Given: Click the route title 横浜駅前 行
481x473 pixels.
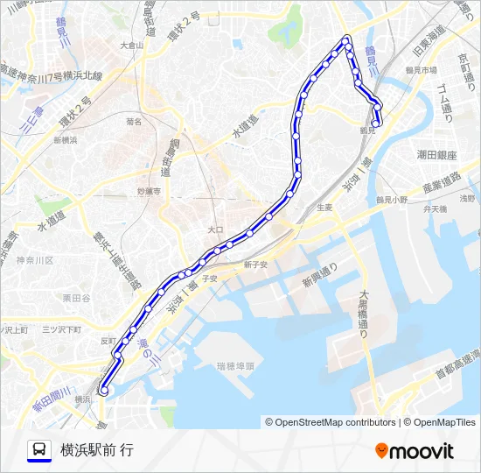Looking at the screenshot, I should coord(97,450).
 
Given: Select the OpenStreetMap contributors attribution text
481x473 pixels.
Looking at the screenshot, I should coord(332,422).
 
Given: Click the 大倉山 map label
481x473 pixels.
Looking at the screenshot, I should coord(130,45).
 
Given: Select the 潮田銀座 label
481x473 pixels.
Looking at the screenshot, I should coord(436,154).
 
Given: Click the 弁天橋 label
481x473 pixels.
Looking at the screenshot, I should coord(435,210).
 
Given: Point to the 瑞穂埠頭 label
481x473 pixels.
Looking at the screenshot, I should coord(235,365).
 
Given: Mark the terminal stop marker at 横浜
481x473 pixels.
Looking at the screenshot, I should coord(103,392).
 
